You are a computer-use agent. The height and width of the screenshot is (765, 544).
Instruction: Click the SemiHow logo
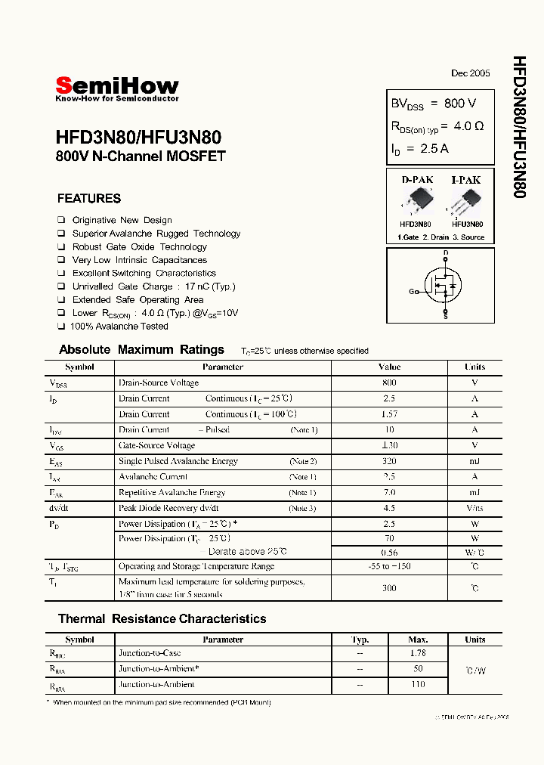click(x=117, y=88)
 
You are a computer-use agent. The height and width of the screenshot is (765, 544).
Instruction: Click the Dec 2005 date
click(x=470, y=73)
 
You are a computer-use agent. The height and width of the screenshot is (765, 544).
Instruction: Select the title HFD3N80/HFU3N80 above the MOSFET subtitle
click(x=138, y=138)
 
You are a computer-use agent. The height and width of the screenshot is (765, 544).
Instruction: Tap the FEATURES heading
click(x=89, y=199)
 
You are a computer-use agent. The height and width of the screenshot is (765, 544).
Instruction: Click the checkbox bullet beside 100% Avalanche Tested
click(x=61, y=327)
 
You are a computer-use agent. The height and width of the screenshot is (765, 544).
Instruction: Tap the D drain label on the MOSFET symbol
click(x=446, y=252)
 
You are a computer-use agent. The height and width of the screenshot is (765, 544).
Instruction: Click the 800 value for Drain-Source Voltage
click(x=389, y=382)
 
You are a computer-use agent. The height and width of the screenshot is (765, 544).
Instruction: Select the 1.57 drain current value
click(x=389, y=414)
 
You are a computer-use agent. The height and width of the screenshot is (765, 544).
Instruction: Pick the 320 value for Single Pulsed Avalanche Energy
click(x=389, y=461)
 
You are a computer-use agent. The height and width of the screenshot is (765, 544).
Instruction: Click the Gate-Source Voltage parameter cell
click(x=157, y=445)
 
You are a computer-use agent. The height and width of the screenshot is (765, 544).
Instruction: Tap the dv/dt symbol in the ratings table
click(x=60, y=508)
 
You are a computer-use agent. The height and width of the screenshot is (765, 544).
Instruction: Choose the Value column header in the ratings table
click(x=389, y=367)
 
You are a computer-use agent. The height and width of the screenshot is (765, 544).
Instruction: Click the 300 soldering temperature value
click(x=389, y=587)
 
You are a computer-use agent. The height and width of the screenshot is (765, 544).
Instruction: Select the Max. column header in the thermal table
click(x=418, y=640)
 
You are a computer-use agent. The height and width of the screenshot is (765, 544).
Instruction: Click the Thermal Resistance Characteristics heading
click(x=162, y=618)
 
